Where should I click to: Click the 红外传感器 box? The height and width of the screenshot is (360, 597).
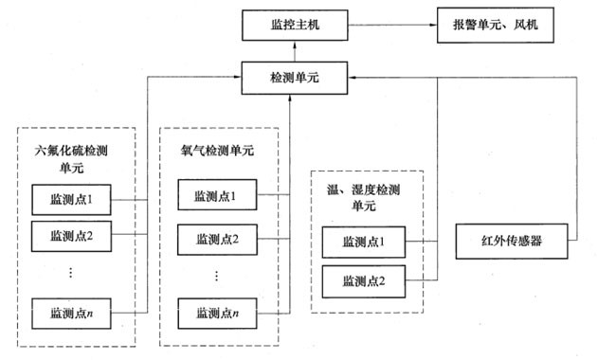(x=512, y=237)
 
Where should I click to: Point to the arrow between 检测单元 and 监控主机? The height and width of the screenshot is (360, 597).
(x=288, y=51)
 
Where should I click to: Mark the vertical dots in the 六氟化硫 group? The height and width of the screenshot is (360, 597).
(x=73, y=273)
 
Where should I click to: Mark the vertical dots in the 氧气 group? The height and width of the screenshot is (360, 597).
(x=215, y=275)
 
